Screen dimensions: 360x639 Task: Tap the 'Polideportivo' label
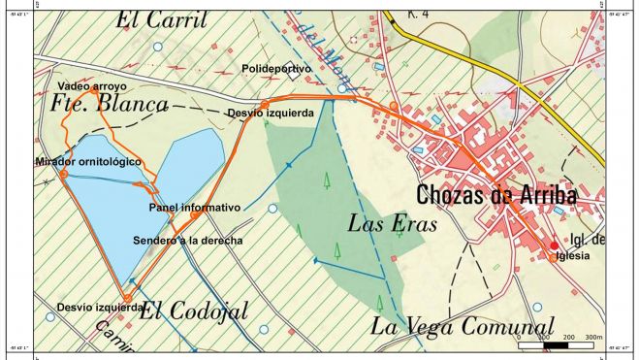pos(276,70)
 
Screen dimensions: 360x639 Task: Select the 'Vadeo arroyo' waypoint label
pos(92,86)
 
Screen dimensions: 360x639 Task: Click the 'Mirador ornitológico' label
pos(87,160)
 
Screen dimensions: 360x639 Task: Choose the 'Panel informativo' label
pos(194,208)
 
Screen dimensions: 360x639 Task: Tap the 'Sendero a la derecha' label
pos(187,240)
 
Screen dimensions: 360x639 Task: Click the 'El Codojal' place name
pos(194,311)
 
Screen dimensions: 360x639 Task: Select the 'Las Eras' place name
pos(392,223)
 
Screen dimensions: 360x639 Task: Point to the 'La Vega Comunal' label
pos(462,326)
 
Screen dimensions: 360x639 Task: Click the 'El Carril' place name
pos(162,19)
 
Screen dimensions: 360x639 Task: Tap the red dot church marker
pos(555,245)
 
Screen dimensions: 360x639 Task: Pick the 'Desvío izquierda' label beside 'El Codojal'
pos(93,307)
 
